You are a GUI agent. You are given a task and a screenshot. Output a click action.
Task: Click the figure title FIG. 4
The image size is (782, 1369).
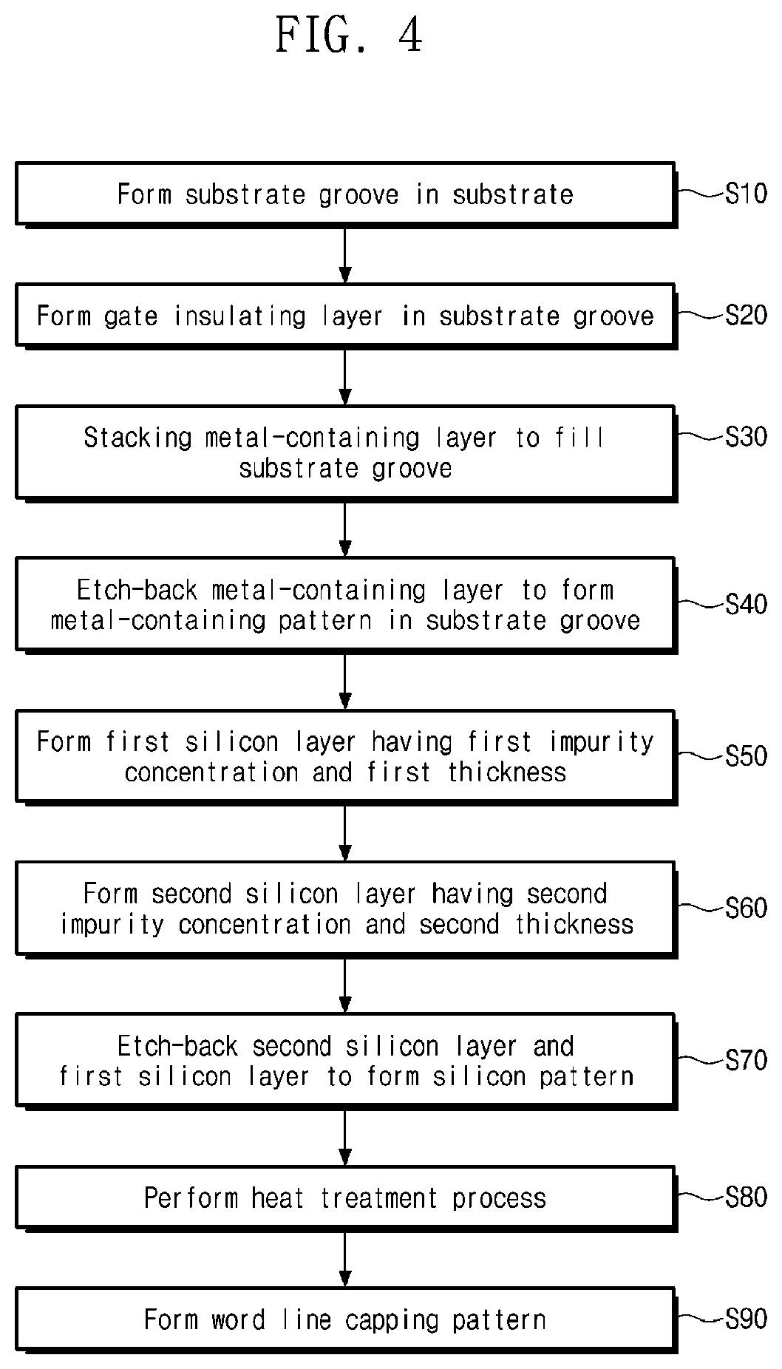click(x=349, y=35)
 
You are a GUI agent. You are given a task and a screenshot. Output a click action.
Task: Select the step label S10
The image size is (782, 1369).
click(x=747, y=194)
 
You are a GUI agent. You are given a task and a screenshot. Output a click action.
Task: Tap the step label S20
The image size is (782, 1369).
click(x=747, y=316)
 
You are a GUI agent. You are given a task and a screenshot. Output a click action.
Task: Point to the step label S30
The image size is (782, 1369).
click(x=747, y=437)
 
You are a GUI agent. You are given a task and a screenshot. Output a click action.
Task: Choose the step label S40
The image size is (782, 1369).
click(x=747, y=605)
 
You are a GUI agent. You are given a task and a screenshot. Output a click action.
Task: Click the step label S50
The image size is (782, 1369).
click(x=747, y=756)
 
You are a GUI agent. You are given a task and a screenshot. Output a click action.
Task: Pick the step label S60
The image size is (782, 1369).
click(x=747, y=908)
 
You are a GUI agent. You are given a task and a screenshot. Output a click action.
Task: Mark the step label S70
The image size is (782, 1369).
click(x=747, y=1061)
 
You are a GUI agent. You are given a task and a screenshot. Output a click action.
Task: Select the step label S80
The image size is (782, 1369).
click(x=747, y=1197)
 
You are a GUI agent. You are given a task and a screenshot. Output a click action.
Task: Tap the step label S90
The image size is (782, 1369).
click(x=747, y=1319)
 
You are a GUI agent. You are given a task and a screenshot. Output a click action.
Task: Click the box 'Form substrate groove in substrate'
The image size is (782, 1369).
click(x=346, y=194)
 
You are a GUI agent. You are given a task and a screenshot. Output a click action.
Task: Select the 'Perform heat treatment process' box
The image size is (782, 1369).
click(x=346, y=1198)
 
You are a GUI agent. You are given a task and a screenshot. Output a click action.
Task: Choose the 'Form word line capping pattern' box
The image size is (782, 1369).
click(x=346, y=1319)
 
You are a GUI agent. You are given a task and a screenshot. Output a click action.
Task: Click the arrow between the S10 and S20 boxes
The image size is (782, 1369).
click(x=345, y=254)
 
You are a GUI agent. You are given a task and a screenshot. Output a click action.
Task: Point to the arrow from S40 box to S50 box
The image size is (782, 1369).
click(x=345, y=681)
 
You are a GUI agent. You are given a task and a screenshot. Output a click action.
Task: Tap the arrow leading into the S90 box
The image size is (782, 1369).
click(x=345, y=1259)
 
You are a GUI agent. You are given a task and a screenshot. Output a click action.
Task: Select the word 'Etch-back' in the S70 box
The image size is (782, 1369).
click(x=177, y=1046)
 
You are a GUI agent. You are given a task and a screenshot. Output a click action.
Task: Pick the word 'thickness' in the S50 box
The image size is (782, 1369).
click(x=507, y=772)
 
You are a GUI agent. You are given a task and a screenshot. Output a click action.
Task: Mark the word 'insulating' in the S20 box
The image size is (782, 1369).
click(x=239, y=316)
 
